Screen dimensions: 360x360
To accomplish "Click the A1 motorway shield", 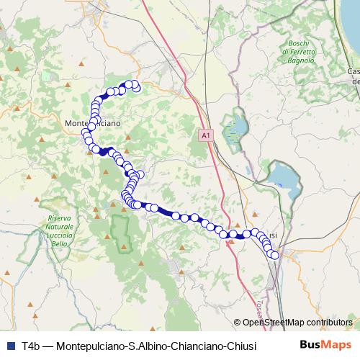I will point(206,135).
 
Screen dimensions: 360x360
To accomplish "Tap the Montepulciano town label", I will point(93,123).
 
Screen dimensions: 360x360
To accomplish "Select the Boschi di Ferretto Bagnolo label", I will point(298,53).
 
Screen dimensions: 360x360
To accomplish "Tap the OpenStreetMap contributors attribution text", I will point(297,323).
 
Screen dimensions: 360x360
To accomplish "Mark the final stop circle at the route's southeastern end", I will point(274,255).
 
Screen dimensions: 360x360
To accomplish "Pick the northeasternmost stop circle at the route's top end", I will point(135,86).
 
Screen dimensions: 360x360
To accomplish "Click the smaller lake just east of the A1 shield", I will point(235,130).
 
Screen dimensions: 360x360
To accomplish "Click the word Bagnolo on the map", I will point(298,61).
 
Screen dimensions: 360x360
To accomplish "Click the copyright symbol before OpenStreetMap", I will point(237,323).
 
